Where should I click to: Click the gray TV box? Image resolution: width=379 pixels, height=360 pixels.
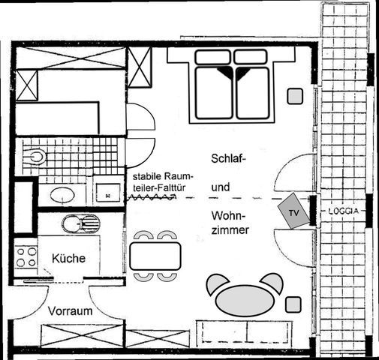(293, 211)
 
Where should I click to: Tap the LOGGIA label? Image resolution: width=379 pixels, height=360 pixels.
(343, 211)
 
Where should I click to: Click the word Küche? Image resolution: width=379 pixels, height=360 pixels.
(69, 258)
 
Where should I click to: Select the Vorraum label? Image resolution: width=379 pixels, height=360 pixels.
(71, 311)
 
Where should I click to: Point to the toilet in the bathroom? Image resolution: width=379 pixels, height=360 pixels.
(35, 157)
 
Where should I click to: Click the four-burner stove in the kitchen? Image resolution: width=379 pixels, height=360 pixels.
(26, 256)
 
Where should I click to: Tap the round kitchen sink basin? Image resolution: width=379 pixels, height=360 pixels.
(71, 223)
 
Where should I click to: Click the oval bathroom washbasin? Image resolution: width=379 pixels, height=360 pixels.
(62, 195)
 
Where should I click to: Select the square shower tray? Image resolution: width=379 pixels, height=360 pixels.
(108, 193)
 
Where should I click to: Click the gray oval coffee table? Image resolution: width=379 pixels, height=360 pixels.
(245, 301)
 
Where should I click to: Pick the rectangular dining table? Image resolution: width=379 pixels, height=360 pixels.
(155, 256)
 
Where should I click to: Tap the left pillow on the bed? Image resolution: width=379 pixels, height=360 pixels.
(212, 57)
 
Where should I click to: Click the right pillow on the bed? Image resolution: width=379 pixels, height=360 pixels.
(251, 57)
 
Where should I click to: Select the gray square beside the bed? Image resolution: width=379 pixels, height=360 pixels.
(295, 96)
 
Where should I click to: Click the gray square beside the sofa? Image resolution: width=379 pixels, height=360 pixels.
(293, 304)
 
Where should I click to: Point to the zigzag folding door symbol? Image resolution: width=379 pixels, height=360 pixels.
(151, 197)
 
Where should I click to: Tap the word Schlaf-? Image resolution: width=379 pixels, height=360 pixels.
(227, 158)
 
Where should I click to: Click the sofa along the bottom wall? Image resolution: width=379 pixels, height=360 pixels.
(244, 332)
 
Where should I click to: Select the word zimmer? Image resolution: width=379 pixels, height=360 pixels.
(230, 230)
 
